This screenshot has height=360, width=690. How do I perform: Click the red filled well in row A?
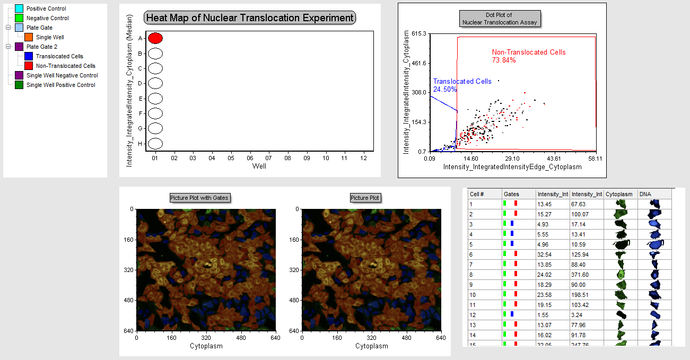(x=155, y=38)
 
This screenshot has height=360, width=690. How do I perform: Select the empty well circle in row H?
(x=155, y=144)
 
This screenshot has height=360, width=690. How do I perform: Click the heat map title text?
(x=250, y=17)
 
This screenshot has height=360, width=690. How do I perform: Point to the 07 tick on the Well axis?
(x=269, y=158)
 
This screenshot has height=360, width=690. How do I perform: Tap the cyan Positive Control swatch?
(x=19, y=8)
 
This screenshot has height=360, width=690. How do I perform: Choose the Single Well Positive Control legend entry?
(x=60, y=85)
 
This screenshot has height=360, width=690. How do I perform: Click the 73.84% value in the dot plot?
(x=504, y=60)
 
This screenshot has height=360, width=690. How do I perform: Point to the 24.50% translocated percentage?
(x=445, y=89)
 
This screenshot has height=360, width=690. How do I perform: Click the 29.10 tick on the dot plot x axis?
(x=512, y=159)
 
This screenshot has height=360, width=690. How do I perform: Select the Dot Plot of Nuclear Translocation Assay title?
(x=499, y=19)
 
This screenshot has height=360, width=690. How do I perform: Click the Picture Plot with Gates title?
(x=199, y=198)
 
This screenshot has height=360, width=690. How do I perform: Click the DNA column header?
(x=645, y=194)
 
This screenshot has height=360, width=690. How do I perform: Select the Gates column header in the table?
(x=511, y=194)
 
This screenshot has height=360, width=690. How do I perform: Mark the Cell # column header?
(x=477, y=194)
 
